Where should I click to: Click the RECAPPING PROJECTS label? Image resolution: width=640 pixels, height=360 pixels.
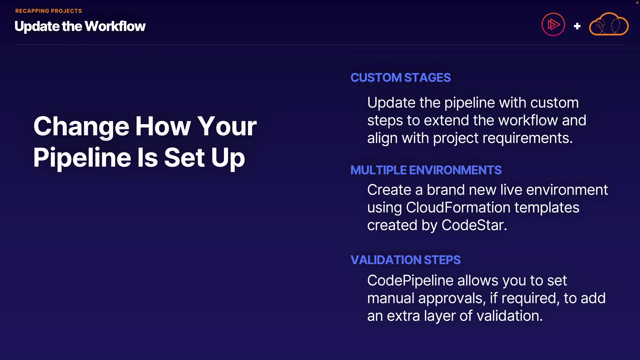click(49, 11)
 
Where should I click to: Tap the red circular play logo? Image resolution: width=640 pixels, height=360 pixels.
click(553, 24)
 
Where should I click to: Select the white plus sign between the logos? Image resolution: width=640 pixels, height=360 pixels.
click(577, 26)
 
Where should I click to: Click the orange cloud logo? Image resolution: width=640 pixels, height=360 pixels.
click(609, 24)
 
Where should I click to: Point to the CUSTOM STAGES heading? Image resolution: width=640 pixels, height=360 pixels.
click(401, 78)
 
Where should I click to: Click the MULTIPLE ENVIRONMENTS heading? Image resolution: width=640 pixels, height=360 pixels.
click(426, 170)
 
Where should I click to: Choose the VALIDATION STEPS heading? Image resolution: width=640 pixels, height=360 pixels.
click(406, 260)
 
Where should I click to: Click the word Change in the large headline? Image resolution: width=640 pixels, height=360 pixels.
click(81, 126)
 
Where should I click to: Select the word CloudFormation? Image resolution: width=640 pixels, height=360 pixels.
click(458, 208)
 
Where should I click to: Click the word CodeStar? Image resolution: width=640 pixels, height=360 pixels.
click(474, 225)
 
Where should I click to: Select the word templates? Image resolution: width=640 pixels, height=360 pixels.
click(547, 208)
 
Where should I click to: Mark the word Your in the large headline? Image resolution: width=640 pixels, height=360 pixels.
click(227, 126)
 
